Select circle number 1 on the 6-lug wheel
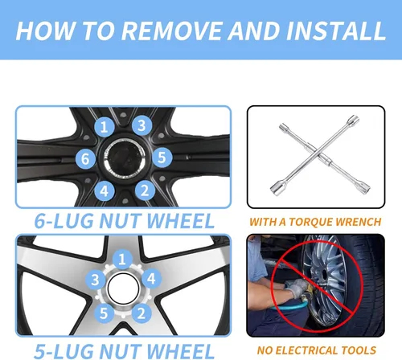[x=105, y=127]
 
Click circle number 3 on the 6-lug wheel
[x=142, y=125]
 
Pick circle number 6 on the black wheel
[x=85, y=159]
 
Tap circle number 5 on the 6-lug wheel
[x=162, y=157]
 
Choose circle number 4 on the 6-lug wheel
[x=105, y=190]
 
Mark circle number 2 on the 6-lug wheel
[x=145, y=190]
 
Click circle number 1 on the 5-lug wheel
[x=122, y=260]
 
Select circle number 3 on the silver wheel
[x=96, y=280]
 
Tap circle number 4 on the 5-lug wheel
[x=151, y=279]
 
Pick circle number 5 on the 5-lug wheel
[x=104, y=313]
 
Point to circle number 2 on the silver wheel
[x=142, y=313]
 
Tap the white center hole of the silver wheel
[x=123, y=288]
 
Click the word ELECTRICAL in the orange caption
[x=302, y=350]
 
